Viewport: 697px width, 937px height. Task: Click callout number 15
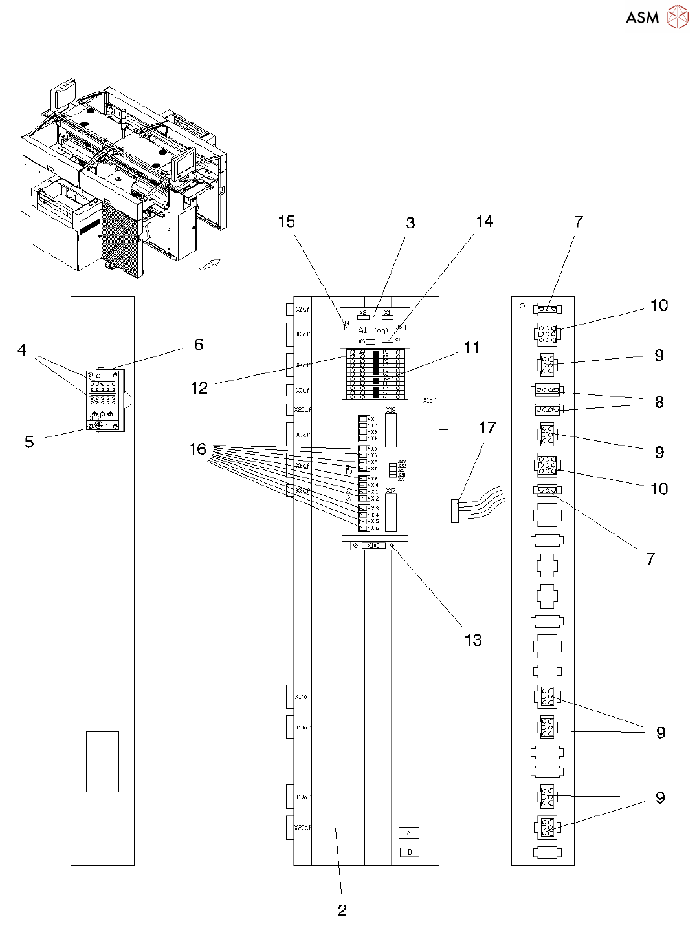[286, 222]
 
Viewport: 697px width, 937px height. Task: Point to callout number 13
[473, 640]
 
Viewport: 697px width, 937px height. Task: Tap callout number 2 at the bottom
[342, 910]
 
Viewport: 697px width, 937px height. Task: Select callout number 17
[487, 427]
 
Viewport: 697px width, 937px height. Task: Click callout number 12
[199, 388]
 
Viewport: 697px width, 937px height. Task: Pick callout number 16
[197, 449]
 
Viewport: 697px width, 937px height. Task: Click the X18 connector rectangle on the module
[391, 430]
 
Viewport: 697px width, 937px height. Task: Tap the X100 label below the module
[373, 546]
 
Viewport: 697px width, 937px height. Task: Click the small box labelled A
[409, 833]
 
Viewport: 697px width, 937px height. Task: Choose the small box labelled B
[409, 852]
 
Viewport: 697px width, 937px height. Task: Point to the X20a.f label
[302, 828]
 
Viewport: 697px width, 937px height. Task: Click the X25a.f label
[302, 410]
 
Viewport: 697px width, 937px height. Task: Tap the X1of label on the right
[429, 400]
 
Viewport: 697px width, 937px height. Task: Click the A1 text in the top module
[362, 330]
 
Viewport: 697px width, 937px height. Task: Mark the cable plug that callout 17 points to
[454, 511]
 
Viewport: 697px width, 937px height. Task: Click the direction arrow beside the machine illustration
[210, 264]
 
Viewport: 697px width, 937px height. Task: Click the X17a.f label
[302, 697]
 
